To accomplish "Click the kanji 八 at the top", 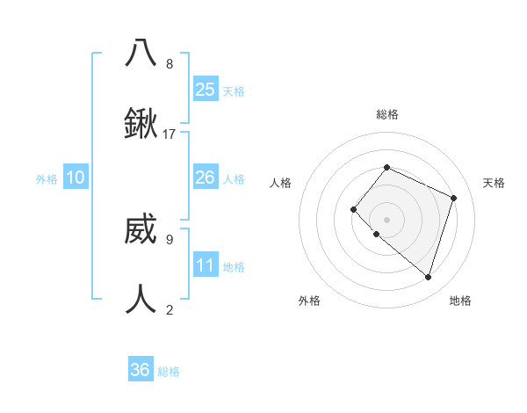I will point(141,52).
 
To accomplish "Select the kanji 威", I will point(141,230).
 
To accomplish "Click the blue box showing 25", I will point(206,89).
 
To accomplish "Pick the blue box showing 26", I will point(206,178).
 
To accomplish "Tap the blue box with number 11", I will point(206,265).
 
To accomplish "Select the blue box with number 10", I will point(76,178).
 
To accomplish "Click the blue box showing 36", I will point(141,370).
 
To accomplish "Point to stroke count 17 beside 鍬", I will point(170,134).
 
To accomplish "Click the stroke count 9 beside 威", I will point(170,238).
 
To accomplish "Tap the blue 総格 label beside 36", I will point(169,372).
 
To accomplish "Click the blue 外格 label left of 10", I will point(47,179).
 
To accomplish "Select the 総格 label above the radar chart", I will point(387,114).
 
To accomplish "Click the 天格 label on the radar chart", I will point(494,183).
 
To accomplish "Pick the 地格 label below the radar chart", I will point(460,301).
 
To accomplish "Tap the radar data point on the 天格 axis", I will point(453,198).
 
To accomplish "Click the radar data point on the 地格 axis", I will point(428,277).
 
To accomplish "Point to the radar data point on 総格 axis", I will point(386,167).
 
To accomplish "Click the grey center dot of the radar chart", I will point(386,219).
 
